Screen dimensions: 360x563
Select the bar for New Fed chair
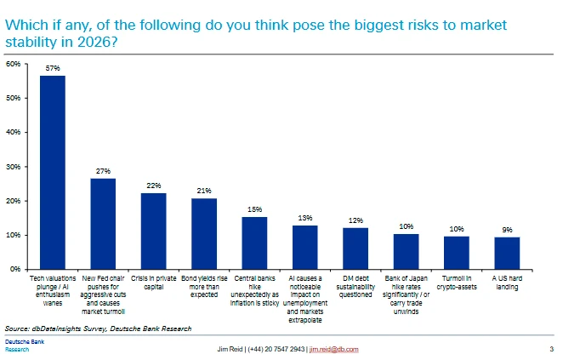coord(103,223)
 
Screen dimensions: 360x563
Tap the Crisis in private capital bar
coord(153,231)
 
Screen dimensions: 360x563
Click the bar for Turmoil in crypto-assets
coord(457,252)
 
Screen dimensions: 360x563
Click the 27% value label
coord(103,171)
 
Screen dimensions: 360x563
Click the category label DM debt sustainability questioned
coord(355,287)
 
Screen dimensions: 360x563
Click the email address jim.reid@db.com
coord(333,350)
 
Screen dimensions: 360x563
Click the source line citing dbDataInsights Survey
coord(98,328)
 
